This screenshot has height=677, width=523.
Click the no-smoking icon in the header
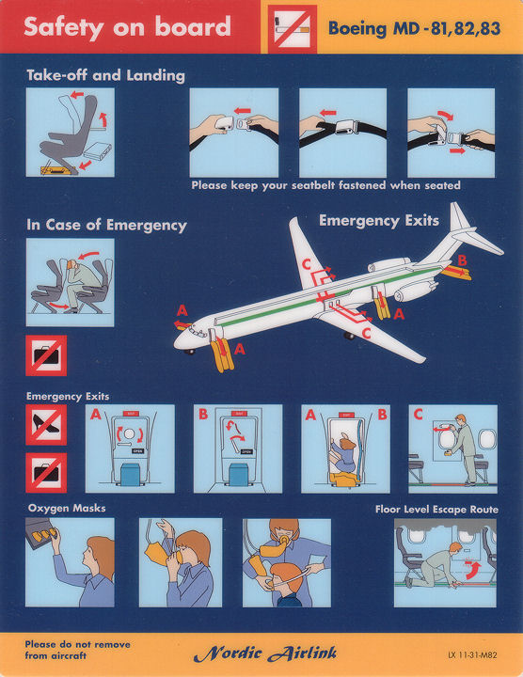pos(293,29)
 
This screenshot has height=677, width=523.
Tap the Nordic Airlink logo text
pos(264,653)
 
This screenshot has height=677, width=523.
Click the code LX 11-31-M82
pos(472,655)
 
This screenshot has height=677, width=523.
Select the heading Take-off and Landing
pos(105,75)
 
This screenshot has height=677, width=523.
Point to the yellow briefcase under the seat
pos(55,169)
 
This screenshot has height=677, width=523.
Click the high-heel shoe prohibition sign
pos(46,425)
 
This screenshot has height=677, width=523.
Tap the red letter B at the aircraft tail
pos(462,260)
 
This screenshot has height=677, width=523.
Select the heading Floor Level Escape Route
pos(436,510)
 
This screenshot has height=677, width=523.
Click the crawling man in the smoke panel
pos(436,566)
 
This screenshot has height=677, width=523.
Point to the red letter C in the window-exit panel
pos(418,415)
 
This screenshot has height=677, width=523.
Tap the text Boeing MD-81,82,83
pos(414,28)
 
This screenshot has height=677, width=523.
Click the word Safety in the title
pos(63,26)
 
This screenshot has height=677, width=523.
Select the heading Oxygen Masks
pos(67,508)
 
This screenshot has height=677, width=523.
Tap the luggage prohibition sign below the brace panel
pos(46,355)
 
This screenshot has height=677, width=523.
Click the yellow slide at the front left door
pos(222,356)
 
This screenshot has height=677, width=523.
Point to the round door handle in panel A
pos(129,433)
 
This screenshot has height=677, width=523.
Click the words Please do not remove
pos(77,645)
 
